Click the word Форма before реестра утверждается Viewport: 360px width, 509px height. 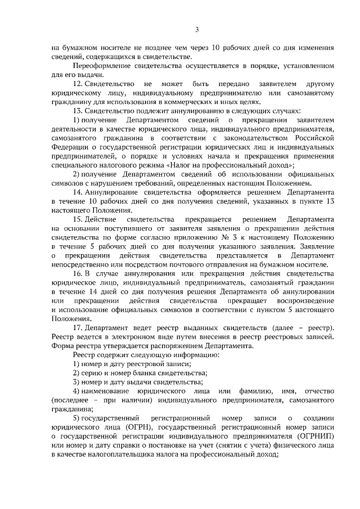tap(61, 346)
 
